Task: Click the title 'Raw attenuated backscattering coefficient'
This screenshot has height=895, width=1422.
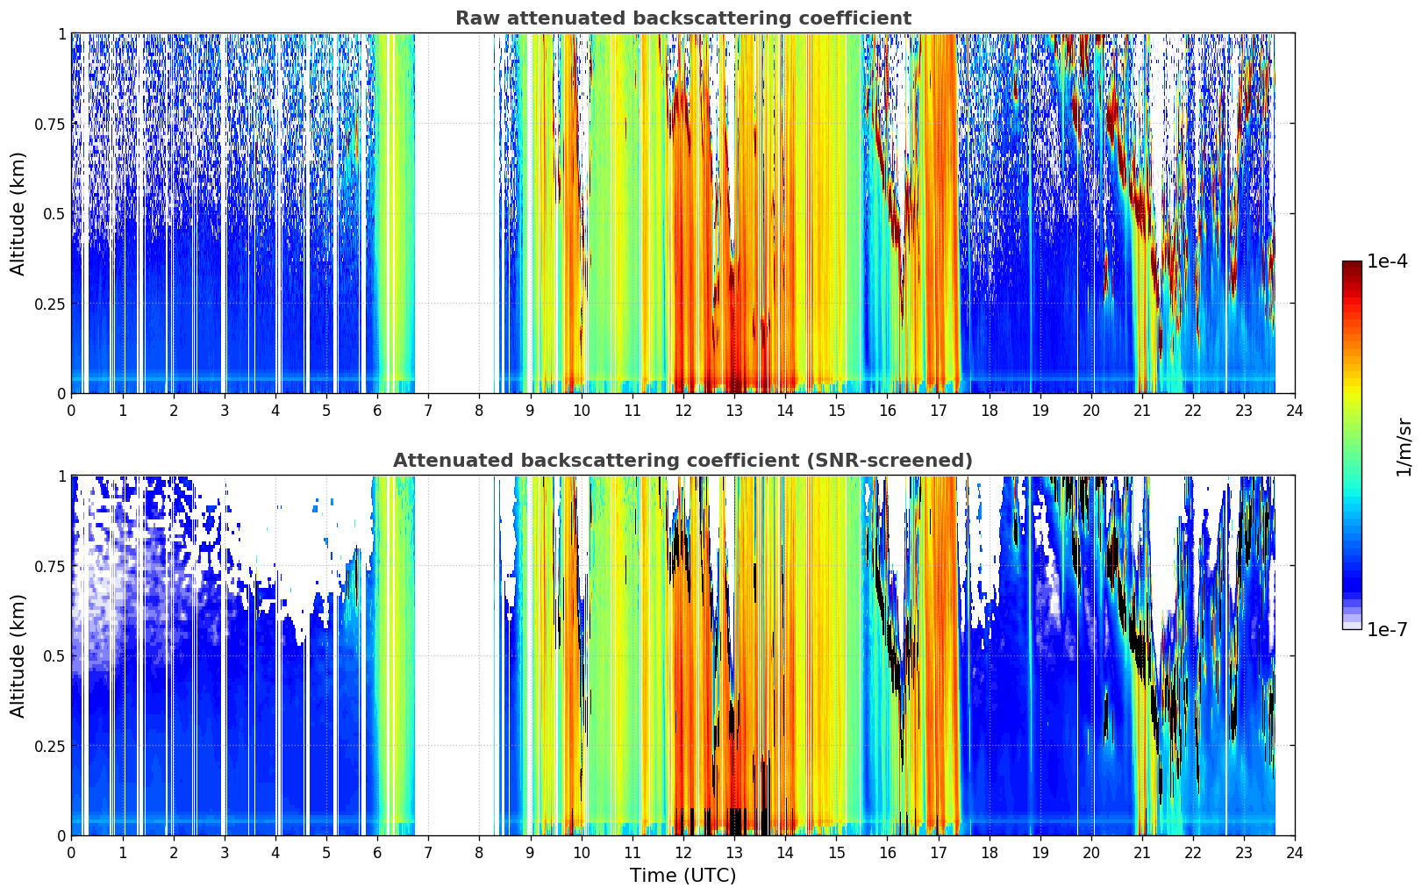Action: [x=683, y=18]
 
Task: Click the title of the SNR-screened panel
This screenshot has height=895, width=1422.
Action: [x=683, y=460]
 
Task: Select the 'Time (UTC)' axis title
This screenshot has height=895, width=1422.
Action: [x=683, y=876]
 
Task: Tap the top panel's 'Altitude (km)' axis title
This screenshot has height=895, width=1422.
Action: [x=18, y=213]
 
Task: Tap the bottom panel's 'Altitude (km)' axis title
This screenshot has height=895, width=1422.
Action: [x=18, y=655]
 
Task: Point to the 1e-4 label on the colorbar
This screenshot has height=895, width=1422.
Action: [x=1387, y=261]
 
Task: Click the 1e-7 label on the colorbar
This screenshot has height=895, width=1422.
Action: [x=1387, y=630]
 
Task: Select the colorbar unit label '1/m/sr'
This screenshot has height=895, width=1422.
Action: [x=1404, y=447]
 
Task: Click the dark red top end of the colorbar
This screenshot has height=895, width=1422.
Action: [x=1352, y=264]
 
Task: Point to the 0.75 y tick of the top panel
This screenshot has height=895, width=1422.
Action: [x=49, y=124]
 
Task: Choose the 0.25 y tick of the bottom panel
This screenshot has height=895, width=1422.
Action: [x=49, y=746]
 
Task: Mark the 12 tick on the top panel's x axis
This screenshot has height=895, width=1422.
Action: [x=683, y=411]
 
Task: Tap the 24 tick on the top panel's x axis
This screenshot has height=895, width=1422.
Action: [x=1295, y=411]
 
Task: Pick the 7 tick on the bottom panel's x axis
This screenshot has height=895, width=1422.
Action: [x=428, y=853]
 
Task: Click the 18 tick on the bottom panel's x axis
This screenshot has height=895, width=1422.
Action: [x=989, y=853]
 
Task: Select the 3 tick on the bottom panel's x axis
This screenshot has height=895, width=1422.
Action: [x=224, y=853]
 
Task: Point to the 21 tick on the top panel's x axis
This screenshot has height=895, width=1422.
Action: [x=1142, y=411]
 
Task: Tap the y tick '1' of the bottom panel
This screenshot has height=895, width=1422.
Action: [x=61, y=476]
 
